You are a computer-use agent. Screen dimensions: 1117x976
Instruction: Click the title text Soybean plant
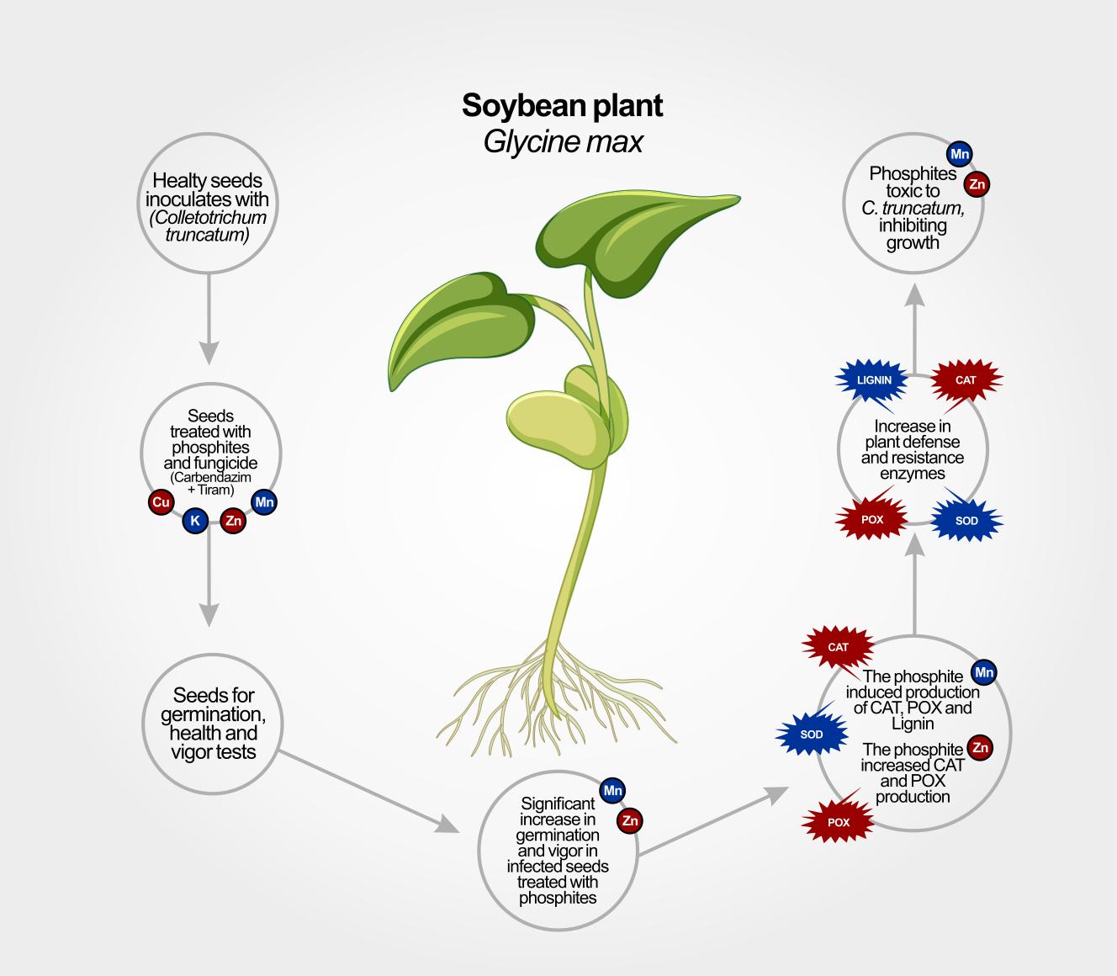tap(562, 105)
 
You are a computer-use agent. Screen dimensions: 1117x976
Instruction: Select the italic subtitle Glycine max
tap(562, 141)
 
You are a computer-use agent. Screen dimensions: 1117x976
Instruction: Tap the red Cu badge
tap(160, 503)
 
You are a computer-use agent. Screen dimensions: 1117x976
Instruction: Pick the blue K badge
tap(195, 521)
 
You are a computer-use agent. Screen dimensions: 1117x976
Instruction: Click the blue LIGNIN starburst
tap(874, 380)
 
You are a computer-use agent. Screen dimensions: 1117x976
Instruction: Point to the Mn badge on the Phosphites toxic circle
tap(959, 154)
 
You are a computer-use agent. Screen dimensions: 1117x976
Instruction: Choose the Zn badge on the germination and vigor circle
tap(629, 820)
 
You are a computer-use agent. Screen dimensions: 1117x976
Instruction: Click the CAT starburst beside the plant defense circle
tap(966, 380)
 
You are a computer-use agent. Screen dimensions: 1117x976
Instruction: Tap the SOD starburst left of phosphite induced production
tap(812, 735)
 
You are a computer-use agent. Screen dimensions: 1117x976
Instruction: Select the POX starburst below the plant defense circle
tap(872, 520)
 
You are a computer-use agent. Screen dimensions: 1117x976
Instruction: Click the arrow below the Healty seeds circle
tap(209, 320)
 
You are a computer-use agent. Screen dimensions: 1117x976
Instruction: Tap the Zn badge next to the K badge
tap(233, 521)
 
